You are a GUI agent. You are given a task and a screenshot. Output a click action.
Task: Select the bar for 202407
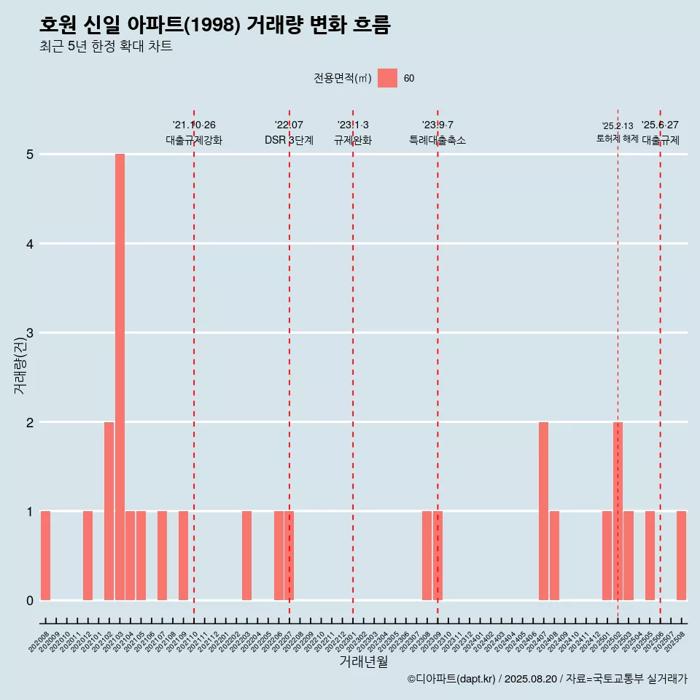(x=543, y=511)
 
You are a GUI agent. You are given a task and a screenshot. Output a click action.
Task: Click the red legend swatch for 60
(x=387, y=79)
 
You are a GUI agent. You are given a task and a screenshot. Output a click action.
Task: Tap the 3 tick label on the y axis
(x=31, y=333)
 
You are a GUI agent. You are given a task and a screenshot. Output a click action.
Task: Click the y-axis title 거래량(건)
(x=20, y=365)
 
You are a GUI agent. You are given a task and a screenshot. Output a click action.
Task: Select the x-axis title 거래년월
(x=363, y=661)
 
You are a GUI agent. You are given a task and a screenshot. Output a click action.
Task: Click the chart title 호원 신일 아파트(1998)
(x=215, y=26)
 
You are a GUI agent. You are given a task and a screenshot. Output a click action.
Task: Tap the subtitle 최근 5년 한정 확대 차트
(x=106, y=47)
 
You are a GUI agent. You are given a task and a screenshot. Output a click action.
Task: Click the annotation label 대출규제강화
(x=194, y=140)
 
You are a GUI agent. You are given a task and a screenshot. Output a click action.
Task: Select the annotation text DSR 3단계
(x=289, y=140)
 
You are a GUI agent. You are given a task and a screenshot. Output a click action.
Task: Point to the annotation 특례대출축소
(x=437, y=140)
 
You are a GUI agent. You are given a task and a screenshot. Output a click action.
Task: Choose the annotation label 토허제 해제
(x=617, y=139)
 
